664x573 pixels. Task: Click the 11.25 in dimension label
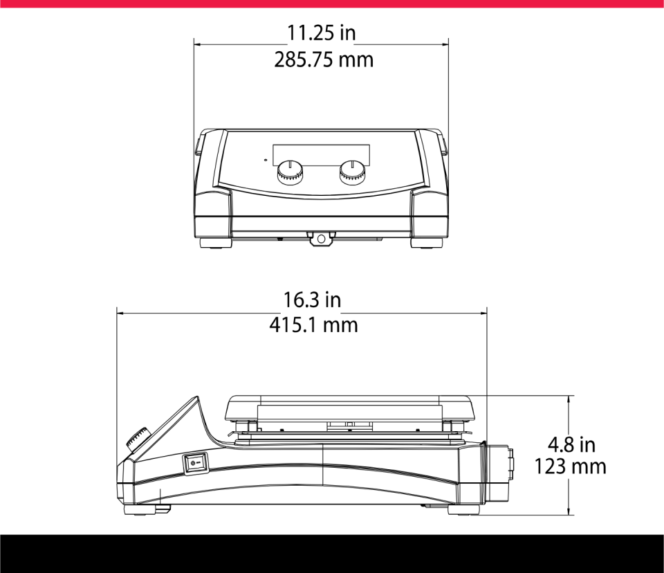point(322,33)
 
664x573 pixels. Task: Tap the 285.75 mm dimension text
point(324,60)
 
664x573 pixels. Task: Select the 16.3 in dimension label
point(312,300)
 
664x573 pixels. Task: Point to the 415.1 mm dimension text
point(313,325)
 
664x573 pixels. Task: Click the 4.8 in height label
point(571,444)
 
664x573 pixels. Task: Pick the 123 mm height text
point(570,466)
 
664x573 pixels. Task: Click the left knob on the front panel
point(290,172)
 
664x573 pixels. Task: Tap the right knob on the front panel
point(352,172)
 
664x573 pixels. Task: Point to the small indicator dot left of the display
point(265,160)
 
